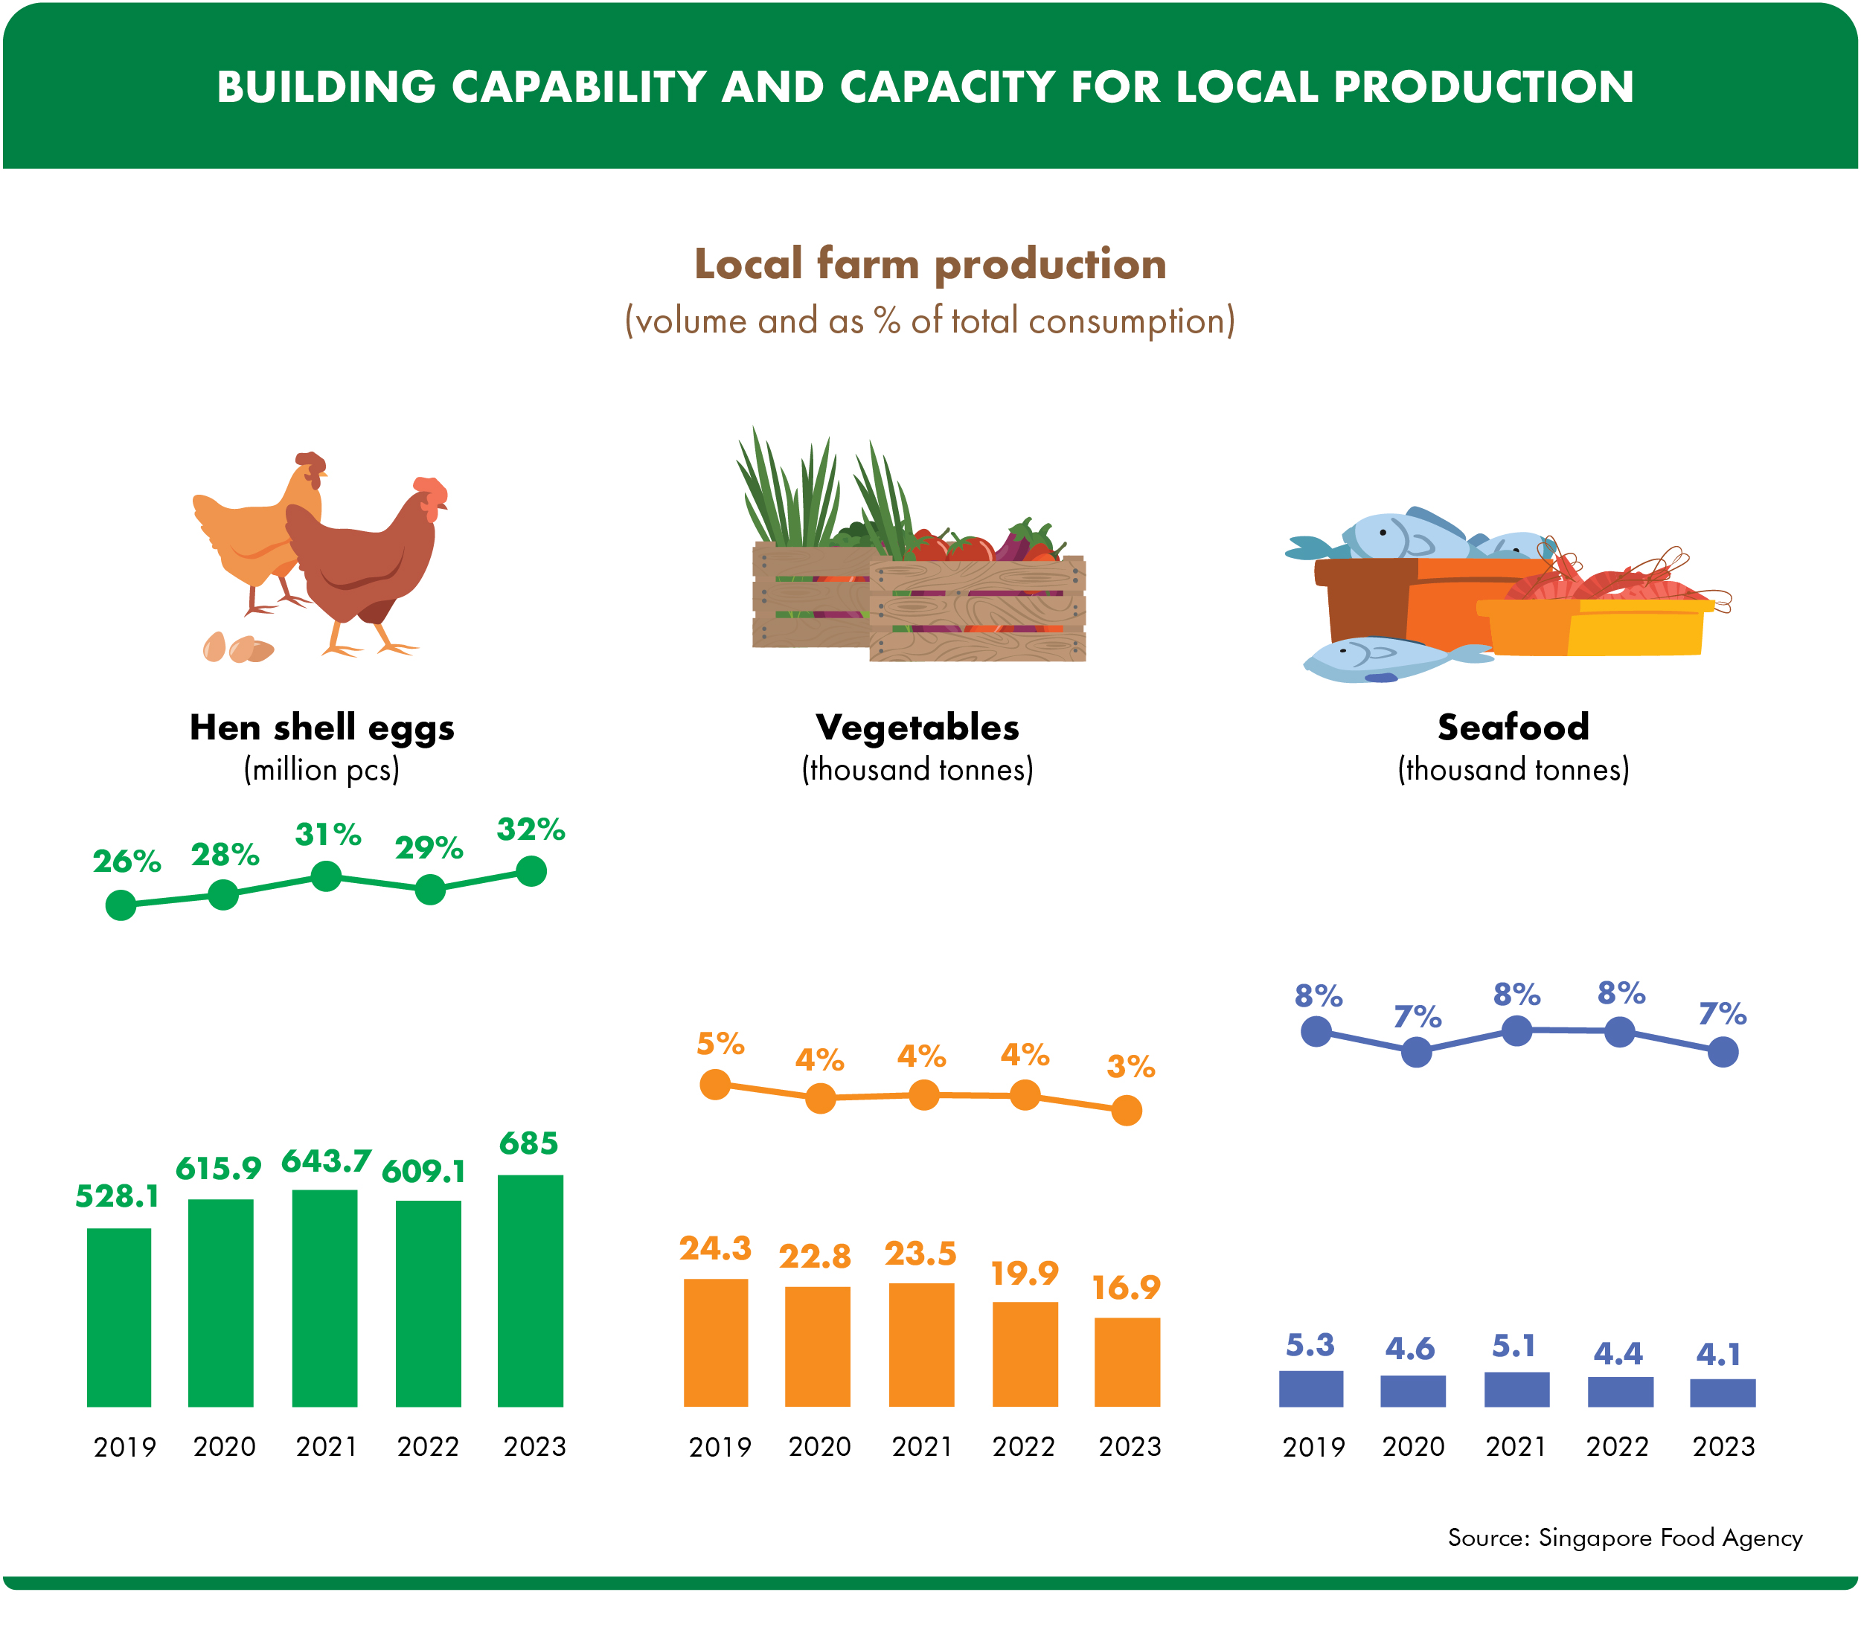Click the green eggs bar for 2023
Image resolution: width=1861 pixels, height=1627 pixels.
pyautogui.click(x=531, y=1290)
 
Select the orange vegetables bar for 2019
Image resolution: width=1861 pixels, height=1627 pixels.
pyautogui.click(x=716, y=1342)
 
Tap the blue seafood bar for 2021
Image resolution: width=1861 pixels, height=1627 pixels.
pyautogui.click(x=1516, y=1389)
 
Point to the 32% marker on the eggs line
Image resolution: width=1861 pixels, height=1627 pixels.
pyautogui.click(x=531, y=872)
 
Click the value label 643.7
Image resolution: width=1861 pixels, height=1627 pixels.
pyautogui.click(x=326, y=1161)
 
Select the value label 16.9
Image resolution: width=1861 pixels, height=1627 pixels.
pyautogui.click(x=1127, y=1288)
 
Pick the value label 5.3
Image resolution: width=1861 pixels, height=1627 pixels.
pyautogui.click(x=1310, y=1344)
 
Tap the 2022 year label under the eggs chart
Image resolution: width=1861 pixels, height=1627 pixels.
pyautogui.click(x=428, y=1446)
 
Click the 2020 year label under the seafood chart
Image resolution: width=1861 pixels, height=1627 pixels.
pyautogui.click(x=1413, y=1446)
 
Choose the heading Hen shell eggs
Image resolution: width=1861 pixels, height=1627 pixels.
pyautogui.click(x=321, y=728)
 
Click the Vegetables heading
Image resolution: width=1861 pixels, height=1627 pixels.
pyautogui.click(x=917, y=728)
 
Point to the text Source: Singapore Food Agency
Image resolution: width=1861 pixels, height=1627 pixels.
pyautogui.click(x=1625, y=1537)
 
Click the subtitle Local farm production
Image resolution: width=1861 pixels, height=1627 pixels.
pyautogui.click(x=930, y=264)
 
